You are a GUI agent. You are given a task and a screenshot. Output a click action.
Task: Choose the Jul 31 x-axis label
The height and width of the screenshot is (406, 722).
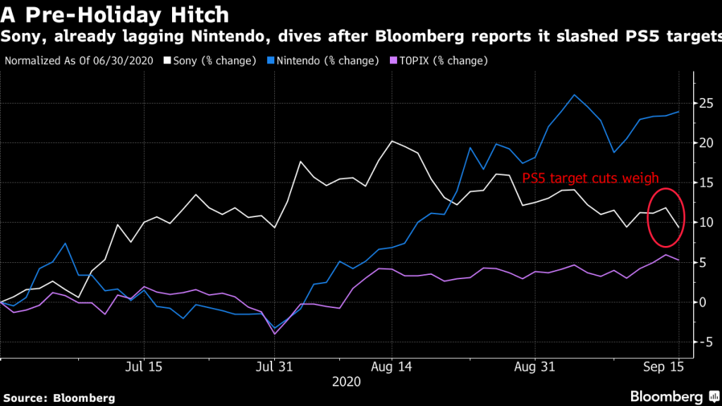(274, 367)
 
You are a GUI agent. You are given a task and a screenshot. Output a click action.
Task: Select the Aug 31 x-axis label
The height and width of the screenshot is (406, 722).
(535, 367)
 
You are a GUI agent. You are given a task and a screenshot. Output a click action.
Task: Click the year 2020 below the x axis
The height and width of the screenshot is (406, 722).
(347, 382)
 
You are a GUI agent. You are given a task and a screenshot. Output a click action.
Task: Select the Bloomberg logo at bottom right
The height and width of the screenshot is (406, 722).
(669, 396)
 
